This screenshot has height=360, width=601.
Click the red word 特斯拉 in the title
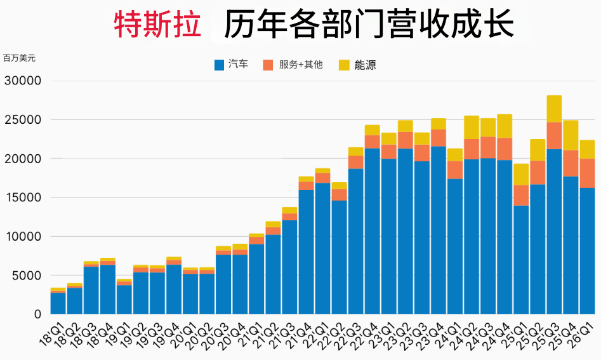pos(158,25)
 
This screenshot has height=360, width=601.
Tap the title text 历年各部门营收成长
pos(368,25)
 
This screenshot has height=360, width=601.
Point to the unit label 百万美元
pos(19,58)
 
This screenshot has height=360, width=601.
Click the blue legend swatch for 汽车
pos(219,65)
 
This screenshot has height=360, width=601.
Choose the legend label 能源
pos(365,65)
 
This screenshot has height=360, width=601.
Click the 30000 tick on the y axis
pos(23,81)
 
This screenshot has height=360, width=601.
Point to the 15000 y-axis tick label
pos(23,197)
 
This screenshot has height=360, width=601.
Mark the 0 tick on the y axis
pos(37,314)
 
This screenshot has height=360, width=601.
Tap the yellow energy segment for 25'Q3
pos(554,109)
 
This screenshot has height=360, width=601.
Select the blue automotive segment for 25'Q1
pos(521,260)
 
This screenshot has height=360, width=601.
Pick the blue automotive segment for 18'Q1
pos(58,303)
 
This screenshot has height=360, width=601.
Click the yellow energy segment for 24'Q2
pos(472,127)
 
